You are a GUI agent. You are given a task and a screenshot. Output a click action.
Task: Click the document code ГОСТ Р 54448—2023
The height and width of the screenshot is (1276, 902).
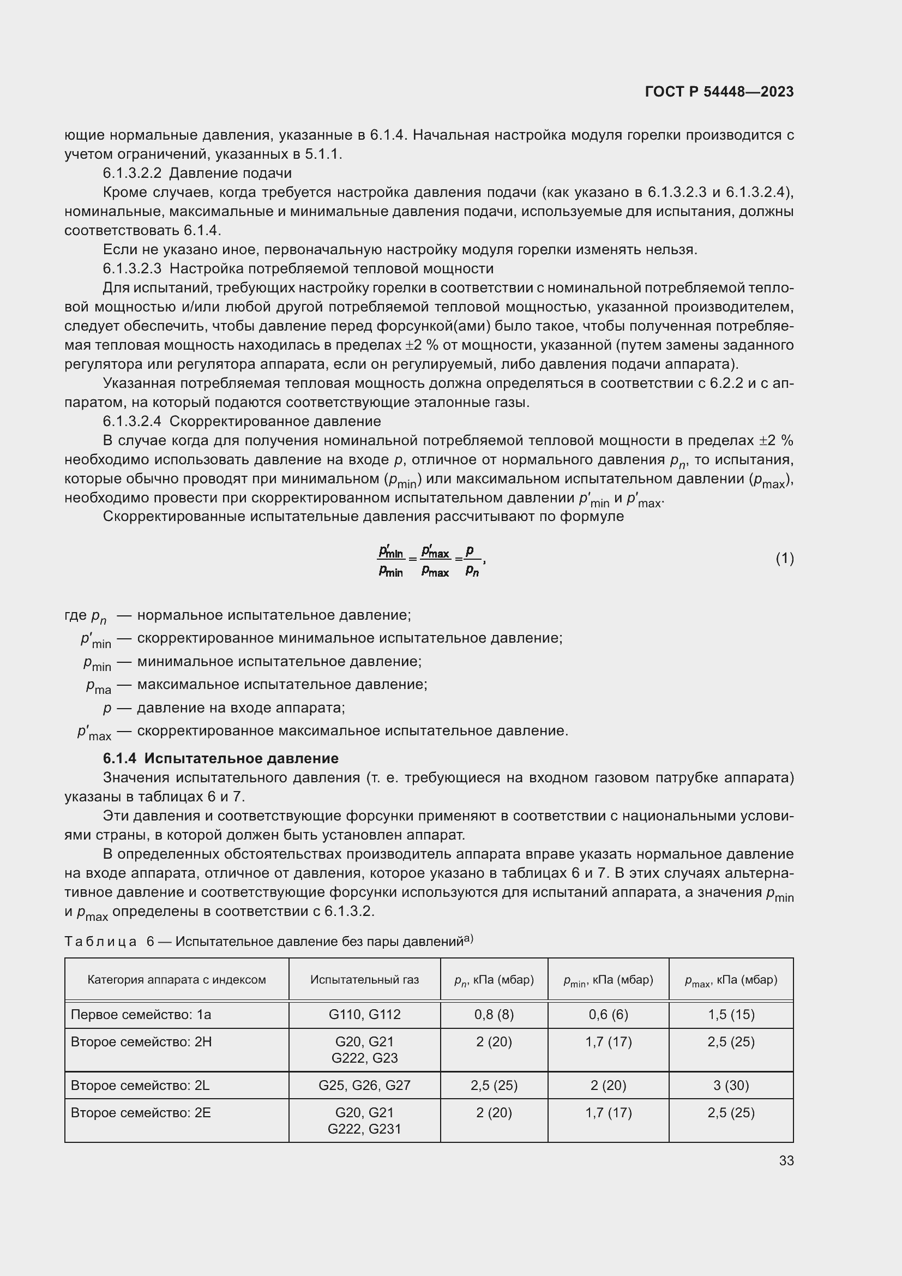[719, 92]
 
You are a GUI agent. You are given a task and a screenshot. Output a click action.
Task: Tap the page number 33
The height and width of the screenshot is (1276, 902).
[786, 1160]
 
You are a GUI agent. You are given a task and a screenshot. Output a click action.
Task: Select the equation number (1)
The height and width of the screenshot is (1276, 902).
[784, 559]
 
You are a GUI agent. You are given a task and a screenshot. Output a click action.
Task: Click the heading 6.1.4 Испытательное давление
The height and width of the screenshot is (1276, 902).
[220, 758]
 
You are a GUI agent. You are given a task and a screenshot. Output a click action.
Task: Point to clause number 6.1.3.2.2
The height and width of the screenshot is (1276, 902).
[132, 173]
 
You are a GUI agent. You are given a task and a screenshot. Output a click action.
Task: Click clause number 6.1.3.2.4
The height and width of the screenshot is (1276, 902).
[132, 421]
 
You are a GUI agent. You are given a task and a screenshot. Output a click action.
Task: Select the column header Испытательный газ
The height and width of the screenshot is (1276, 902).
[364, 979]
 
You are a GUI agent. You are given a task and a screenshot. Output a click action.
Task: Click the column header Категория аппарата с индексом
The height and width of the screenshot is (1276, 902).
[177, 979]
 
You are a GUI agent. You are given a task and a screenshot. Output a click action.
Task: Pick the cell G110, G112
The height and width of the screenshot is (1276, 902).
[364, 1014]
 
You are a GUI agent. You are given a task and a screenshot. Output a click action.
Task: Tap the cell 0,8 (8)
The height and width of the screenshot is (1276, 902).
[494, 1014]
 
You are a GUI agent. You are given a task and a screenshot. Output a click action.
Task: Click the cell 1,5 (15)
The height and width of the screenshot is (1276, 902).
[730, 1014]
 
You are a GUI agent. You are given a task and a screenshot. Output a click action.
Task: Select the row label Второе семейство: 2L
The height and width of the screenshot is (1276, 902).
[140, 1085]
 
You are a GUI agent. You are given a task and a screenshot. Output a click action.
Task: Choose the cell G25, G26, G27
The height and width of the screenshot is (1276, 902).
[364, 1085]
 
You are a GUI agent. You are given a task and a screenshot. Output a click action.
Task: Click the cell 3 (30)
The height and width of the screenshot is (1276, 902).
[730, 1085]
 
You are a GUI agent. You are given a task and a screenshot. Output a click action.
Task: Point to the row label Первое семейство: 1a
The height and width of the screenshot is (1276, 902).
[141, 1014]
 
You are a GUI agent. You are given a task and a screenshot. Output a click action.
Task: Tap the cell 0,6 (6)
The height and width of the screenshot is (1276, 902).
[608, 1014]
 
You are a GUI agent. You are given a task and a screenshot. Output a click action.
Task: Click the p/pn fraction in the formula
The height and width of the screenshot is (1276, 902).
[472, 560]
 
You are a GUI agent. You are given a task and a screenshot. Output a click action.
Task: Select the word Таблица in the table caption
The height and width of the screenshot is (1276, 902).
[100, 942]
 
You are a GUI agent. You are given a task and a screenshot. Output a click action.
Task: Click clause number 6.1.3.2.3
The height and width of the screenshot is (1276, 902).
[132, 269]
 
